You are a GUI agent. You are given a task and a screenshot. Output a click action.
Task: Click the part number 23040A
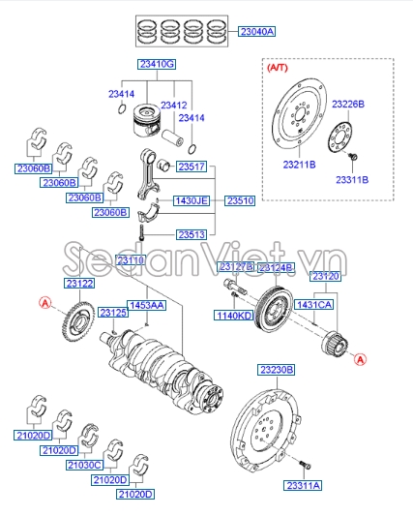click(x=257, y=31)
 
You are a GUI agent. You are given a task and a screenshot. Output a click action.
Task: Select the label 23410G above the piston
click(x=157, y=64)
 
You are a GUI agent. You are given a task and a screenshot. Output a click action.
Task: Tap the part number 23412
click(x=174, y=105)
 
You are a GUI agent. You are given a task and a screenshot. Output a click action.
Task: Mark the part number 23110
click(x=130, y=260)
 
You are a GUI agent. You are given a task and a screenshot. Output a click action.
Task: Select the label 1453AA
click(x=147, y=305)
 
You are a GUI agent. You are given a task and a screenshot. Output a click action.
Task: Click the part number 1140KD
click(x=234, y=316)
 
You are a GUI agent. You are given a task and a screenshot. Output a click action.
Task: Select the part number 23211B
click(x=299, y=166)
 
